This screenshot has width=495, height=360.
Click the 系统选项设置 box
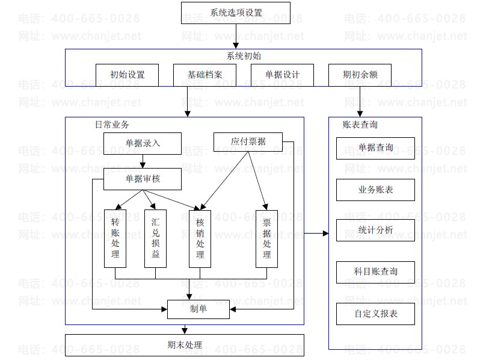point(236,13)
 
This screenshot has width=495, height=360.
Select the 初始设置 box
point(127,75)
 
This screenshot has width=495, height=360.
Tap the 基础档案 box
point(204,75)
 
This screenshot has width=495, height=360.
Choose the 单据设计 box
point(282,75)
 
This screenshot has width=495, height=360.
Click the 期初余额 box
point(360,75)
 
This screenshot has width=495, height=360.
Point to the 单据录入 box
point(142,143)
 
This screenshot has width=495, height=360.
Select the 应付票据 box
point(248,142)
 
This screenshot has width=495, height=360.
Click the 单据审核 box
point(142,179)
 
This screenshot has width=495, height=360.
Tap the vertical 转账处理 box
point(115,238)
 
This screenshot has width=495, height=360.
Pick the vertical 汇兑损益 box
point(156,238)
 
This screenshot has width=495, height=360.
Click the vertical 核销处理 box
point(200,238)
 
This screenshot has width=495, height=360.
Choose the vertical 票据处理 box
point(267,238)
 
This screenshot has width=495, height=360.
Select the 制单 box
point(198,309)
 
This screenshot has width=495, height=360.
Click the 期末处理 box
point(185,346)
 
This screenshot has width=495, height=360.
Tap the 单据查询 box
point(375,148)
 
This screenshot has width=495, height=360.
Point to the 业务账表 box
point(375,190)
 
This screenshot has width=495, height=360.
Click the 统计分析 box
point(375,230)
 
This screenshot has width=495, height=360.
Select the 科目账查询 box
point(375,272)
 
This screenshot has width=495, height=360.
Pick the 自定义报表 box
point(375,314)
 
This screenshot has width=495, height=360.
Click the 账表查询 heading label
point(360,125)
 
